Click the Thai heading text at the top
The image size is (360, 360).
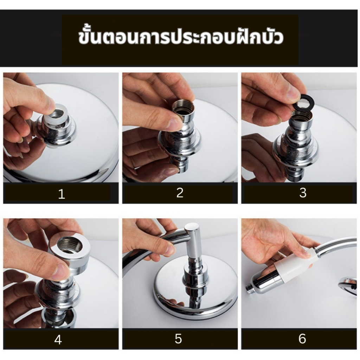pyautogui.click(x=181, y=37)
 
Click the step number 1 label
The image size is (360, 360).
pyautogui.click(x=62, y=194)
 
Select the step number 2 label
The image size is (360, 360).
pyautogui.click(x=180, y=193)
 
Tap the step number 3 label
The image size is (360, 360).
pyautogui.click(x=303, y=193)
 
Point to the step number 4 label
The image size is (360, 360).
pyautogui.click(x=58, y=340)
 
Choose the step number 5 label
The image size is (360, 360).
pyautogui.click(x=178, y=339)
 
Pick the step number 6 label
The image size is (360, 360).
pyautogui.click(x=302, y=339)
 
